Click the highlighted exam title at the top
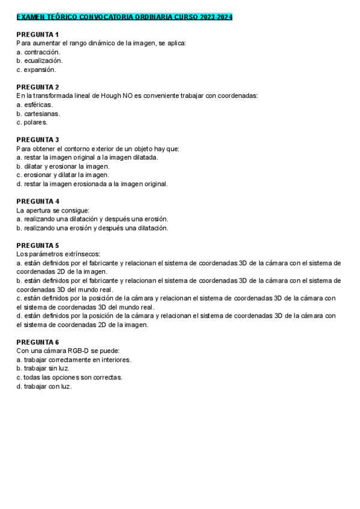[x=124, y=17]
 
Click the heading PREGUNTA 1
[x=37, y=34]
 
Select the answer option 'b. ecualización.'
[x=40, y=61]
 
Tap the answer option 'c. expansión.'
[x=37, y=70]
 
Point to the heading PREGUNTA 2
[x=37, y=87]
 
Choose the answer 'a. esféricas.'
[x=35, y=104]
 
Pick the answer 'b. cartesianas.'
[x=38, y=113]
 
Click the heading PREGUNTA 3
[x=37, y=140]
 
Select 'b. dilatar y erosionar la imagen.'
[x=63, y=166]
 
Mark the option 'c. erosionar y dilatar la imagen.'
[x=63, y=175]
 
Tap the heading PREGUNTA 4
[x=37, y=202]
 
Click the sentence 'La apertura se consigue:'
[x=53, y=210]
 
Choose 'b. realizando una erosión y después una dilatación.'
[x=92, y=228]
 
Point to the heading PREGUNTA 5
[x=37, y=245]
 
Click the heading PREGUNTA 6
[x=37, y=342]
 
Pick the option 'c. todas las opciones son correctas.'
[x=70, y=378]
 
